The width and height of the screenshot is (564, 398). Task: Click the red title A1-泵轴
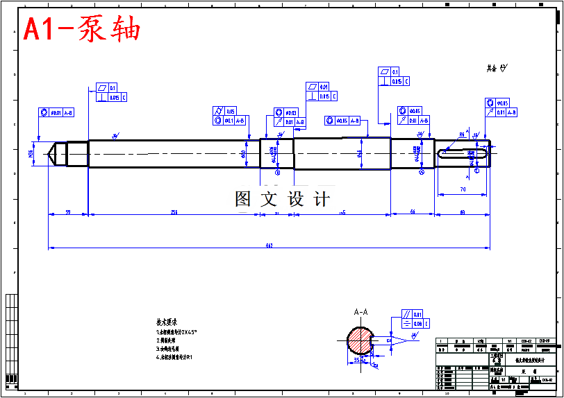coord(82,30)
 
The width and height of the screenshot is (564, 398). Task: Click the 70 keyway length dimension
coord(463,189)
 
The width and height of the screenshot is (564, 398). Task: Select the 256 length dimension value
coord(173,211)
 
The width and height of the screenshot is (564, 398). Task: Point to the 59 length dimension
coord(67,211)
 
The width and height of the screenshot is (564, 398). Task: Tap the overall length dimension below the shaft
coord(269,245)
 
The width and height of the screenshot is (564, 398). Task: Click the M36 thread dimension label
coord(31,153)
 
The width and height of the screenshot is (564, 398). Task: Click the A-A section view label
coord(360,313)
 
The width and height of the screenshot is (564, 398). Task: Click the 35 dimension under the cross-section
coord(357,361)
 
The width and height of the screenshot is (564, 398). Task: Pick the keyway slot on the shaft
coord(462,149)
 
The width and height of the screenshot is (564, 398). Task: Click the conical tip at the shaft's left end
coord(51,153)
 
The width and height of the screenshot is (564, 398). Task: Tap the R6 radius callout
coord(461,135)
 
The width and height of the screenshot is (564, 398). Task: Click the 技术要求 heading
coord(167,322)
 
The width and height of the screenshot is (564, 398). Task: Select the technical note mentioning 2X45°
coord(176,332)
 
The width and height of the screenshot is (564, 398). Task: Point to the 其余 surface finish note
coord(496,68)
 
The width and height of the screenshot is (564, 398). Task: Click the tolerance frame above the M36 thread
coord(55,112)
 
